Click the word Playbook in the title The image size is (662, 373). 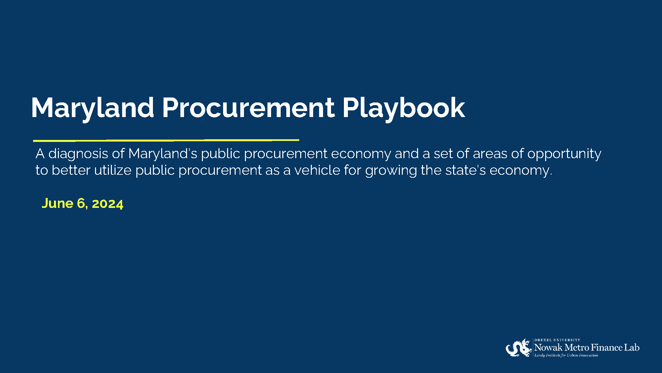[x=404, y=108]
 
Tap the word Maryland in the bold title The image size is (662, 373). [x=93, y=108]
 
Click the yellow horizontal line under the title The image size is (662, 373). [x=166, y=140]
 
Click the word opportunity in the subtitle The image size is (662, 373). [x=564, y=154]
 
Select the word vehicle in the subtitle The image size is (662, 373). [x=317, y=170]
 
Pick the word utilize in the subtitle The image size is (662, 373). [x=113, y=170]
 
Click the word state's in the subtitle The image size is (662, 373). [x=465, y=170]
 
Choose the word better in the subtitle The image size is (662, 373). [x=71, y=170]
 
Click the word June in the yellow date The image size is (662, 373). [x=57, y=203]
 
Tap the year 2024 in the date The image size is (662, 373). [x=107, y=204]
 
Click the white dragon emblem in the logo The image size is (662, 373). [x=519, y=348]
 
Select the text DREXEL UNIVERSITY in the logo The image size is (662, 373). [x=557, y=340]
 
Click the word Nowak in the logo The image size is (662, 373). [x=548, y=347]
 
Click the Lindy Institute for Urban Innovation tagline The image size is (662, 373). [x=566, y=355]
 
